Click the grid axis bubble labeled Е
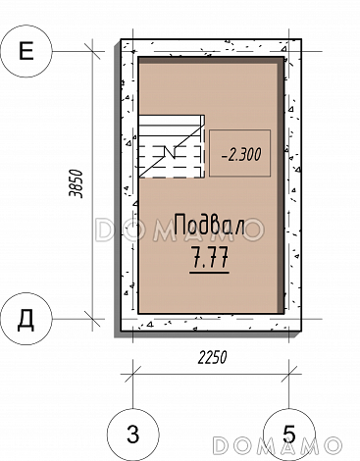pos(26,51)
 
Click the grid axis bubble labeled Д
pos(26,319)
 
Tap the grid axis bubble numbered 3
pos(132,435)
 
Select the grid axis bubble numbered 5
pos(289,435)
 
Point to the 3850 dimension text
pos(76,183)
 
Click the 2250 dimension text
pos(212,357)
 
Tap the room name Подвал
pos(210,224)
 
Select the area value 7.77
pos(210,257)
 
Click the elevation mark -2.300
pos(241,154)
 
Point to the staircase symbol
pos(172,146)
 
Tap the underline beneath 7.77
pos(210,272)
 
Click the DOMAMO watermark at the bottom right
pos(278,445)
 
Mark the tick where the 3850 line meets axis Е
pos(92,51)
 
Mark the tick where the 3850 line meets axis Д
pos(92,319)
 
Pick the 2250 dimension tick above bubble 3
pos(132,374)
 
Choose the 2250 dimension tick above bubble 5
pos(289,374)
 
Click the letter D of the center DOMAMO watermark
pos(104,230)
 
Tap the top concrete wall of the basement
pos(211,48)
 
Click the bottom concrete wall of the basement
pos(211,323)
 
